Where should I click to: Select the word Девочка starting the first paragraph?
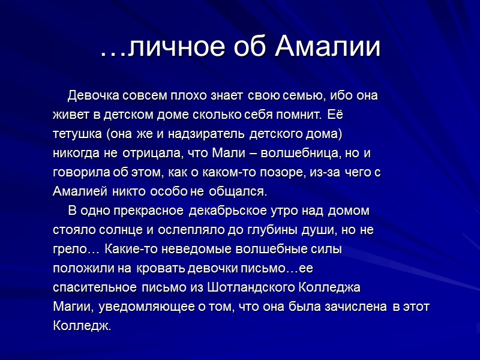click(x=93, y=96)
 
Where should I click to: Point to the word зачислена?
click(x=352, y=307)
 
